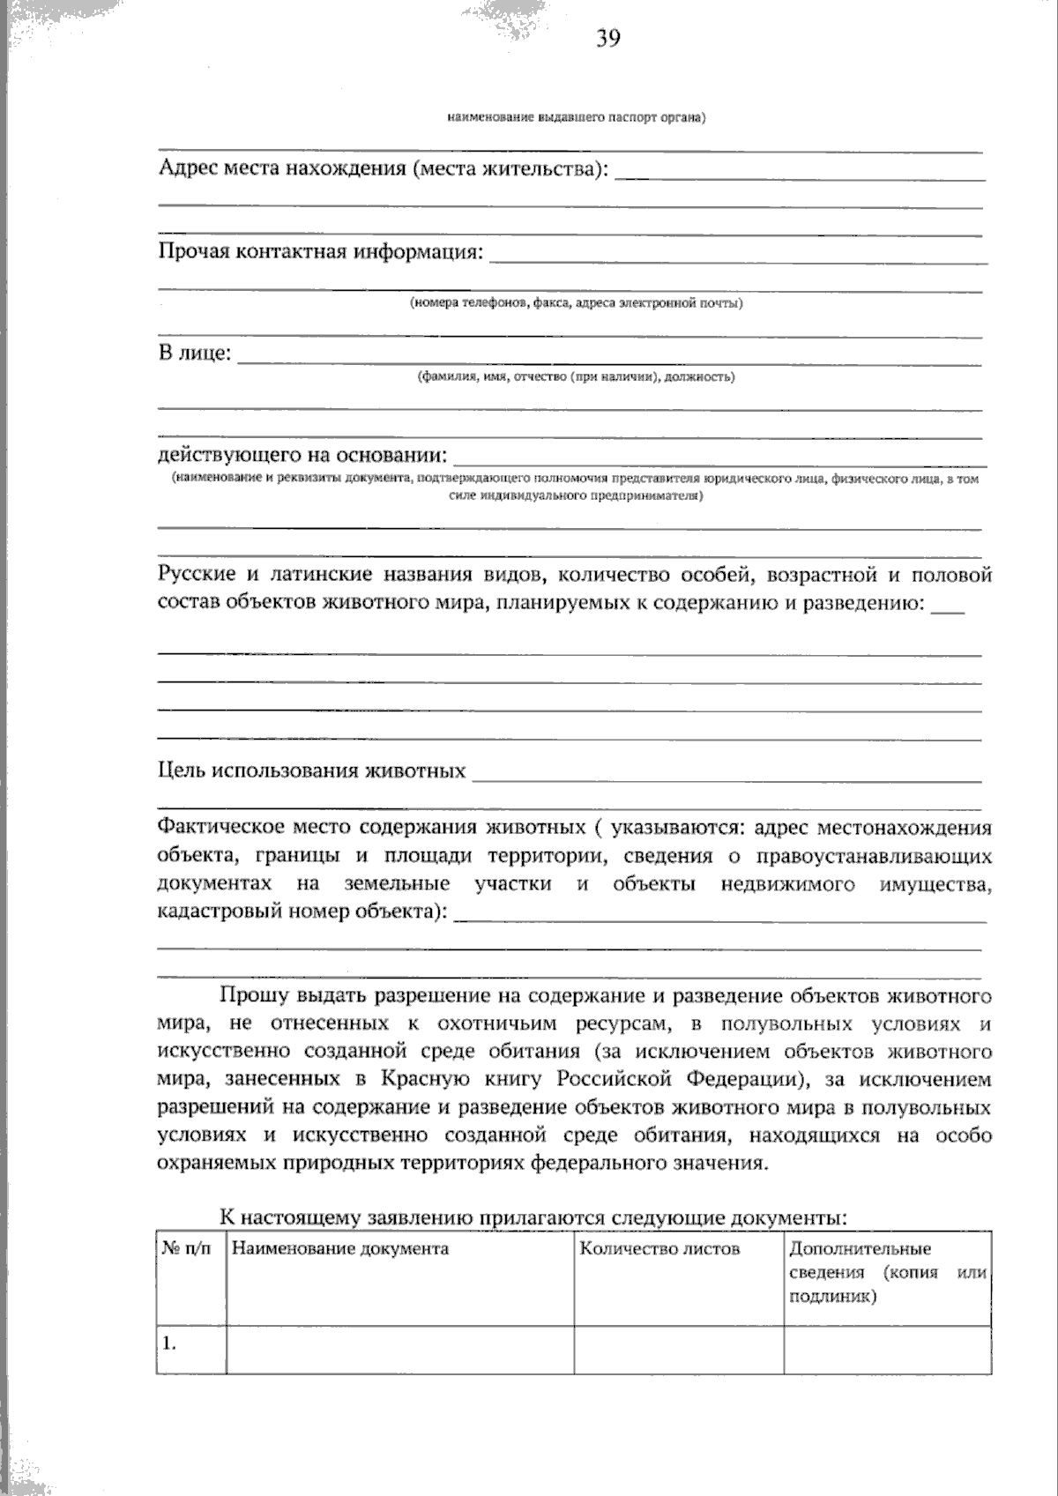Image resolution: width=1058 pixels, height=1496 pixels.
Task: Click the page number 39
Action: [x=607, y=38]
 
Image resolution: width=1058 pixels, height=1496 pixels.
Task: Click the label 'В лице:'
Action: [x=195, y=354]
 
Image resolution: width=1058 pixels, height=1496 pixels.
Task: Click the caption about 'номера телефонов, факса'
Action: [x=575, y=303]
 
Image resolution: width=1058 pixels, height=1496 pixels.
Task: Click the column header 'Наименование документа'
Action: [x=340, y=1248]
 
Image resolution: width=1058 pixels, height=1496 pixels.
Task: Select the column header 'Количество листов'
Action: [x=659, y=1248]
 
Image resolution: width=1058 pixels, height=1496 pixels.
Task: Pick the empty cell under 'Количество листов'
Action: [x=678, y=1349]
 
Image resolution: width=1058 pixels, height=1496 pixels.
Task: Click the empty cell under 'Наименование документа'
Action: [x=400, y=1349]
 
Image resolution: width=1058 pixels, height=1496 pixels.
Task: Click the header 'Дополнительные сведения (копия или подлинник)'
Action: [x=886, y=1272]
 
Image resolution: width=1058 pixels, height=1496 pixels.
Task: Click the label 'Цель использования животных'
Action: [x=311, y=771]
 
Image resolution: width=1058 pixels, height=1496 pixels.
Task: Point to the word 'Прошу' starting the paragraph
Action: [x=252, y=997]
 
